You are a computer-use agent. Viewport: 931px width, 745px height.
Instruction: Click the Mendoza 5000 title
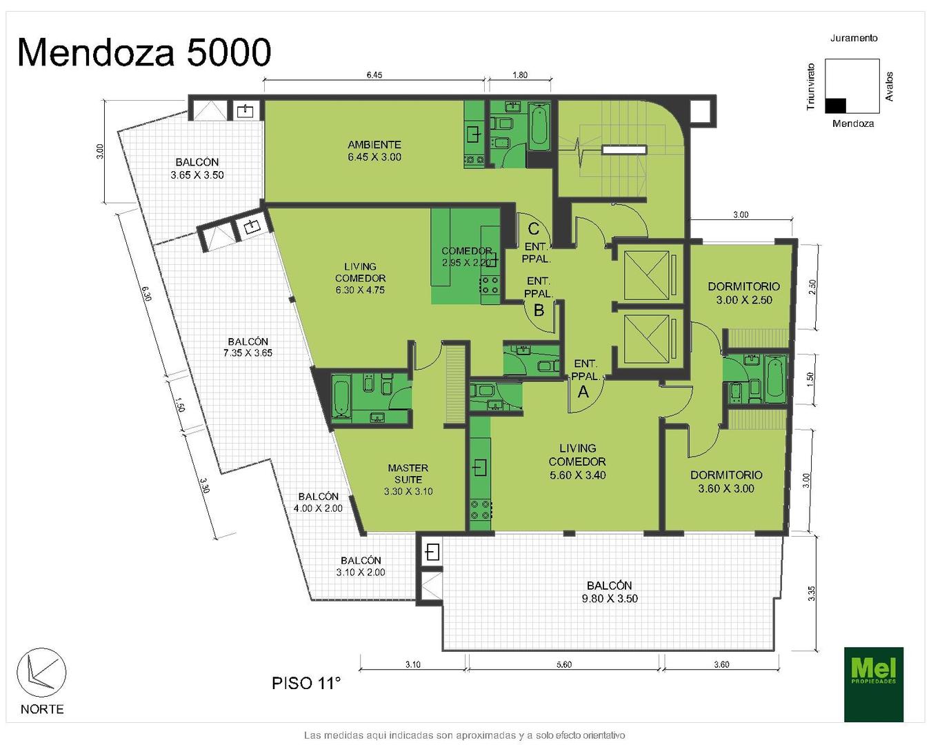click(x=144, y=52)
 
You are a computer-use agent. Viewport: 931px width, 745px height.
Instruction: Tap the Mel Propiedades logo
click(x=873, y=684)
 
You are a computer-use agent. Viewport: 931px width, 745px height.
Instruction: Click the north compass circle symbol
click(x=41, y=673)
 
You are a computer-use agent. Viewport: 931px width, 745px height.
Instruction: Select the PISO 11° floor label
click(x=306, y=683)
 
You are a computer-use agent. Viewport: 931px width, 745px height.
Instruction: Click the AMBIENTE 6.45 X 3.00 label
click(x=374, y=150)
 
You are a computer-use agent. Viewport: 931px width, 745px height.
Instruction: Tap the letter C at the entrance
click(x=533, y=228)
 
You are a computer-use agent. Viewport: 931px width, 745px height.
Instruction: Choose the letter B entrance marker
click(x=539, y=310)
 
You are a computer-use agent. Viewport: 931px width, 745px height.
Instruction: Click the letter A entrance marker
click(x=583, y=391)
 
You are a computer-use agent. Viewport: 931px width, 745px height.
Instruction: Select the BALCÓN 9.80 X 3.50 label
click(x=609, y=592)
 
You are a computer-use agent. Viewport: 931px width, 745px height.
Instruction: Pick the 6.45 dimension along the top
click(x=374, y=75)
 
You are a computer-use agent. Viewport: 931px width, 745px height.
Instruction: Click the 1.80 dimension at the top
click(x=519, y=75)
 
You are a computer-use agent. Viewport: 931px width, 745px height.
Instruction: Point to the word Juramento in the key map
click(x=854, y=38)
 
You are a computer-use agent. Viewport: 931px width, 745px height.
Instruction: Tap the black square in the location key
click(x=835, y=106)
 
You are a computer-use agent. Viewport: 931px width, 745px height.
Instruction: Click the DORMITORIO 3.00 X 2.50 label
click(x=743, y=293)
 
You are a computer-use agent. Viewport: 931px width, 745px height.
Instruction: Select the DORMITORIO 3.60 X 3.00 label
click(x=726, y=481)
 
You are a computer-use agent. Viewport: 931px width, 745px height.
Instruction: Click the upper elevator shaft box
click(x=647, y=275)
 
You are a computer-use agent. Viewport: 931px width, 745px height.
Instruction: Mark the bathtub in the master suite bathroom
click(x=342, y=397)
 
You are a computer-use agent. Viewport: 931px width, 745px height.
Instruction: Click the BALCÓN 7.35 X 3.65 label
click(x=248, y=347)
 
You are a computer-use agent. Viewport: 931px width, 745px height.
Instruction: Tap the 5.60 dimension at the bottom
click(x=564, y=664)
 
